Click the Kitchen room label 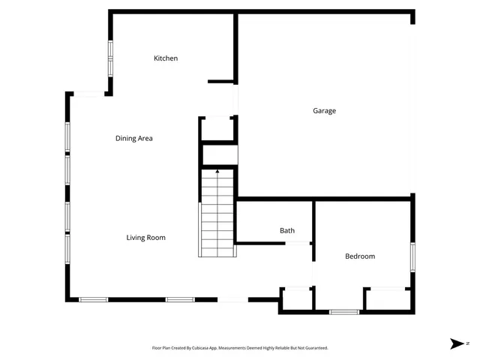click(x=166, y=58)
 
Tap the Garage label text click(x=324, y=111)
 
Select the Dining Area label click(x=134, y=139)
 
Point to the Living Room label click(x=145, y=238)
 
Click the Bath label click(x=287, y=231)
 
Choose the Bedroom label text click(x=359, y=256)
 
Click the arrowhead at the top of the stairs click(x=217, y=172)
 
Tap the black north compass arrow click(x=457, y=343)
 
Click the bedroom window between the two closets click(x=344, y=311)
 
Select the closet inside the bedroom click(x=387, y=300)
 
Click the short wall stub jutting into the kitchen click(x=221, y=81)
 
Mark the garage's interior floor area click(x=324, y=142)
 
